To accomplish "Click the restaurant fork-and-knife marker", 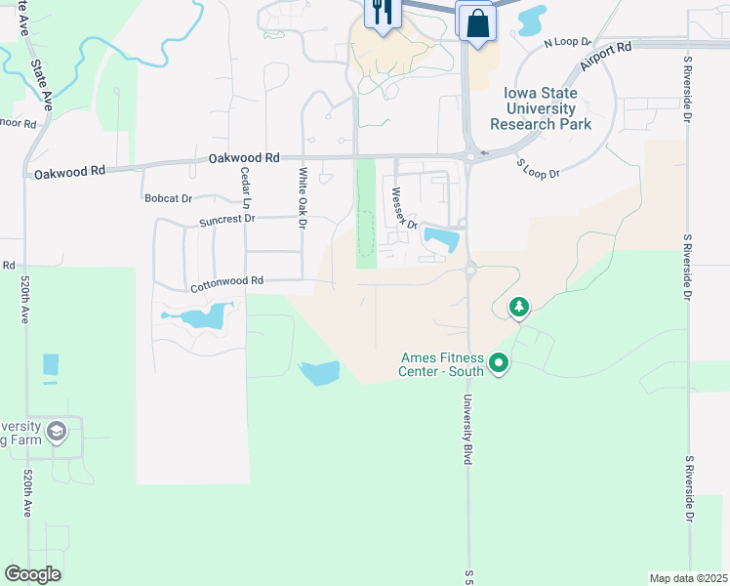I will pos(382,13).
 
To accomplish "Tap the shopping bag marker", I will pos(476,21).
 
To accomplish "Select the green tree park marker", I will pos(520,309).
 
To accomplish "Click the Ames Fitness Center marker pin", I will pos(500,365).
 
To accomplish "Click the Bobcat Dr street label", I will pos(168,198).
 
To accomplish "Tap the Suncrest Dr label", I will pos(226,220).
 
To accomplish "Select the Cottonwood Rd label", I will pos(227,281).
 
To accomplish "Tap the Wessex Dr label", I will pos(404,208).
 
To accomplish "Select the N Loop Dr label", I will pos(568,43).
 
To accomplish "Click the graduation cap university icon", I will pos(57,430).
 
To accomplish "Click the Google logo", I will pos(32,574).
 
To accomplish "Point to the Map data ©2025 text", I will pos(689,577).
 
